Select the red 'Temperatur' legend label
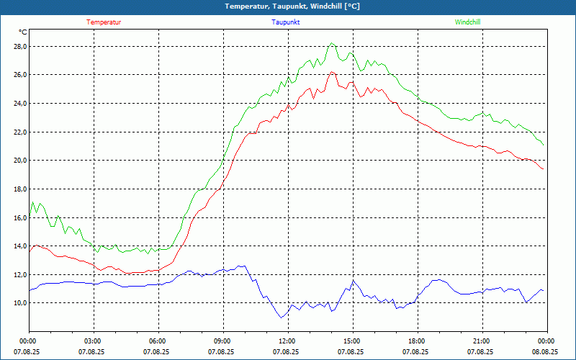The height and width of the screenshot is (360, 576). (x=104, y=22)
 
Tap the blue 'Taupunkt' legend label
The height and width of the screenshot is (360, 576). (x=286, y=22)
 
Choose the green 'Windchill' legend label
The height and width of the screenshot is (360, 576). (x=467, y=22)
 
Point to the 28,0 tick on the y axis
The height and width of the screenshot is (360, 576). (x=19, y=47)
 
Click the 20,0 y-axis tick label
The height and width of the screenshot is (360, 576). (x=19, y=161)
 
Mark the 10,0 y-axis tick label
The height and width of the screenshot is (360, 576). (x=19, y=303)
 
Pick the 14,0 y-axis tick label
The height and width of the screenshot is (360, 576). (x=19, y=246)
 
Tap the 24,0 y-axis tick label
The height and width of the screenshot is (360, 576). (x=19, y=104)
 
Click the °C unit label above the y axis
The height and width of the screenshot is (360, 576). (x=23, y=32)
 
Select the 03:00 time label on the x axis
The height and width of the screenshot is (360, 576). (x=93, y=341)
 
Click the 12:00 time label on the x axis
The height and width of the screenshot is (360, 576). (x=287, y=341)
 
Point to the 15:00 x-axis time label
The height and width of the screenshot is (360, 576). (x=351, y=341)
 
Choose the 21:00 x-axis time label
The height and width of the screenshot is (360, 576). (x=481, y=341)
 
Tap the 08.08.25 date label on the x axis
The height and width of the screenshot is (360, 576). (x=545, y=352)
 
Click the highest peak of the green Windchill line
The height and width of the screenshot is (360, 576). (x=332, y=43)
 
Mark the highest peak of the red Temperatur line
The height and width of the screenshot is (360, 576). (x=332, y=71)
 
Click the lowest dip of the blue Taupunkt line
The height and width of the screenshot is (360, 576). (x=282, y=318)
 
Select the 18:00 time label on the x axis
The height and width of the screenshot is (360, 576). (x=416, y=341)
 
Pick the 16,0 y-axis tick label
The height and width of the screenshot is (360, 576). (x=19, y=217)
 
